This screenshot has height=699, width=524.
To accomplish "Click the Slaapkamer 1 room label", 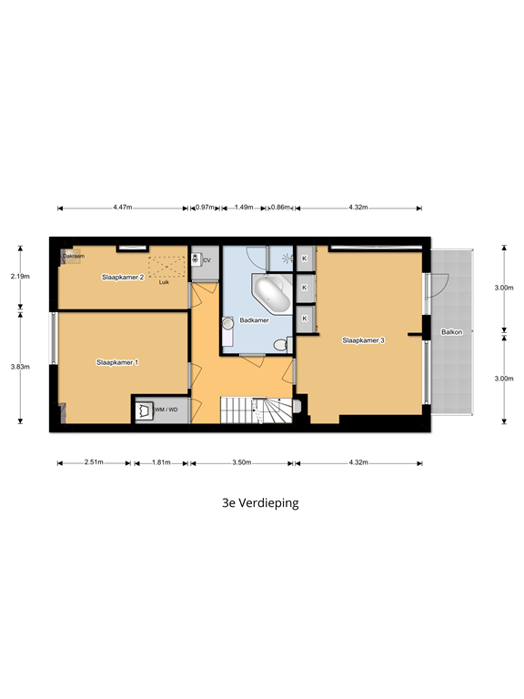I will [117, 362].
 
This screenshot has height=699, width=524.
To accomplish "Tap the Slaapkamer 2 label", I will [123, 276].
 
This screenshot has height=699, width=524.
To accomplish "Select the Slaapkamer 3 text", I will [363, 340].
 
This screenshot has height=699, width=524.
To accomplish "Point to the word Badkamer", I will [254, 320].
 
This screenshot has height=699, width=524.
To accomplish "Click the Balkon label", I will [452, 332].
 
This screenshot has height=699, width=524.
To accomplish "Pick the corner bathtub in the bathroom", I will [271, 293].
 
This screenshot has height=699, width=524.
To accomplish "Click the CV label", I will [207, 260].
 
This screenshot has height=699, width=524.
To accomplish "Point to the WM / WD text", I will [166, 411].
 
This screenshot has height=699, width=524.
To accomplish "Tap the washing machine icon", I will [143, 411].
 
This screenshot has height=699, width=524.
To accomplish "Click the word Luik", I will [164, 282].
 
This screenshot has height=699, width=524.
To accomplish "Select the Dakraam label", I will [73, 257].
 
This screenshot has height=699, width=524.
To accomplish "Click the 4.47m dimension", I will [122, 208].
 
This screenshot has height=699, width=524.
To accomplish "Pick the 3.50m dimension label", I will [241, 463].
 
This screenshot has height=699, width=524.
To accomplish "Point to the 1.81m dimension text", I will [162, 463].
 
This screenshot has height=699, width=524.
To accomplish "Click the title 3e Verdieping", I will [261, 501].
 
